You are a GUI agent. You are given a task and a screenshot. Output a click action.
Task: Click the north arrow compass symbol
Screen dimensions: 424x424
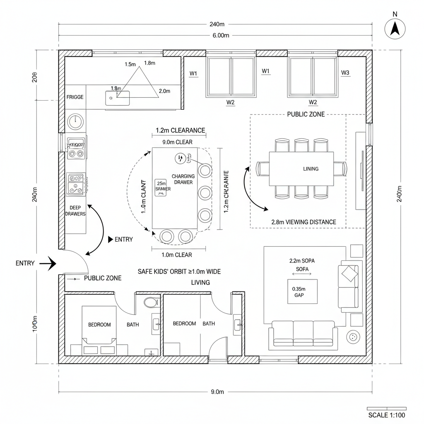[395, 29]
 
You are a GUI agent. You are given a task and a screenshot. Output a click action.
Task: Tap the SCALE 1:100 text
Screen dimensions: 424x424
[386, 415]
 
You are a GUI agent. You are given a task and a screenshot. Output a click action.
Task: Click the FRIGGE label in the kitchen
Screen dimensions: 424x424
[75, 97]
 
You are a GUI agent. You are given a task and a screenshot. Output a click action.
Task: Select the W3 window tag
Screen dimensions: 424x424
[345, 73]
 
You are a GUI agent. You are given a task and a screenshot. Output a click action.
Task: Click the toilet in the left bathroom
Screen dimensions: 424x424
[151, 302]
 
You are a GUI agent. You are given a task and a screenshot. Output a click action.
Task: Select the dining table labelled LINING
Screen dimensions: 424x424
[301, 169]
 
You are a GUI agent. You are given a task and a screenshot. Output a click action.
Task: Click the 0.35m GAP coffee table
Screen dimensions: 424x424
[302, 291]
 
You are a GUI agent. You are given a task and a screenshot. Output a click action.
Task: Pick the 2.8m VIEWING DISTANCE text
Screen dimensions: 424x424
[304, 222]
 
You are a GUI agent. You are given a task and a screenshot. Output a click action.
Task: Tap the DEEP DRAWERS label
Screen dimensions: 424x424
[75, 210]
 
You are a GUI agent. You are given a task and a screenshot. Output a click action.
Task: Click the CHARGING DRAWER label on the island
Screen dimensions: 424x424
[183, 179]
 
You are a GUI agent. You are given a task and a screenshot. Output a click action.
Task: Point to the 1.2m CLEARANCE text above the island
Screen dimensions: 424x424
[180, 130]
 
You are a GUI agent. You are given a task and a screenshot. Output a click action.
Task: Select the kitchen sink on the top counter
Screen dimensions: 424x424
[117, 98]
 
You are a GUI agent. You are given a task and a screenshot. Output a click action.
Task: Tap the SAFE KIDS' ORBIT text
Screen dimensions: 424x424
[179, 272]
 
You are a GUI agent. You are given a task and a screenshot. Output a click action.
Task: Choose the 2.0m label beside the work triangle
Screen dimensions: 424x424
[164, 91]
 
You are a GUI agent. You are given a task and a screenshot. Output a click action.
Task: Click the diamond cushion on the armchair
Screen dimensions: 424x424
[349, 273]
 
